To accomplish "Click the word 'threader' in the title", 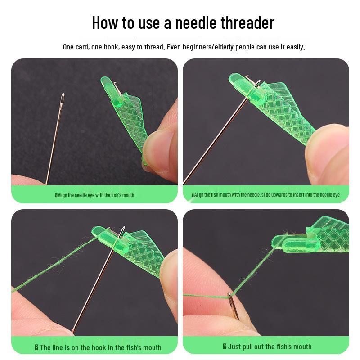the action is pyautogui.click(x=247, y=23).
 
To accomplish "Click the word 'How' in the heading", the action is pyautogui.click(x=105, y=23).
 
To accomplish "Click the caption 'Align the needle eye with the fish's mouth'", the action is pyautogui.click(x=94, y=195).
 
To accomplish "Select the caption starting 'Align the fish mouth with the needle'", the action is pyautogui.click(x=265, y=195).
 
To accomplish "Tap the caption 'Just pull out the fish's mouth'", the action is pyautogui.click(x=267, y=346).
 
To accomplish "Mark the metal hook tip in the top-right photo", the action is pyautogui.click(x=247, y=77).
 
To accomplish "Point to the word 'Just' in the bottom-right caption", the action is pyautogui.click(x=235, y=346).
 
